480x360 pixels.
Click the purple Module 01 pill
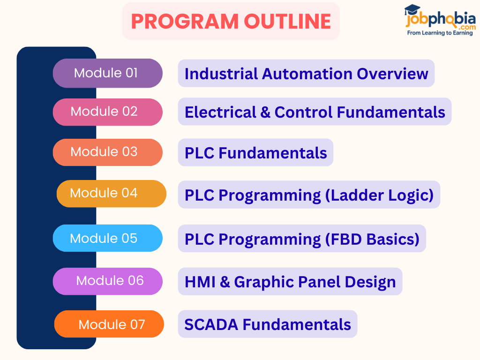click(x=107, y=73)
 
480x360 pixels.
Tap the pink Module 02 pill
click(x=107, y=112)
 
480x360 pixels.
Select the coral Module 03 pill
click(x=107, y=152)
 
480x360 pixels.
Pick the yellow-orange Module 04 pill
click(x=111, y=194)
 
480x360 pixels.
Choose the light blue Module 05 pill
click(x=107, y=238)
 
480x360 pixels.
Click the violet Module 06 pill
click(x=107, y=281)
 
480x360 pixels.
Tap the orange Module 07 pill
click(x=109, y=324)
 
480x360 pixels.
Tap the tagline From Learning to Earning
click(x=440, y=33)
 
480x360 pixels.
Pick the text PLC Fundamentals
click(x=255, y=153)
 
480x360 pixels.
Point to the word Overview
click(x=392, y=74)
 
